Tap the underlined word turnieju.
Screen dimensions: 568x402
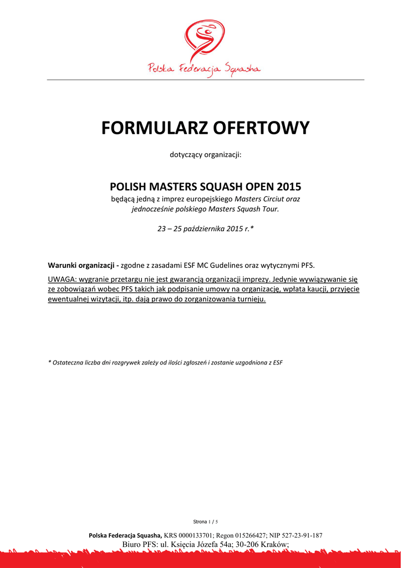pos(251,300)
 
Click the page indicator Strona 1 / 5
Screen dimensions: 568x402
pos(206,522)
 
